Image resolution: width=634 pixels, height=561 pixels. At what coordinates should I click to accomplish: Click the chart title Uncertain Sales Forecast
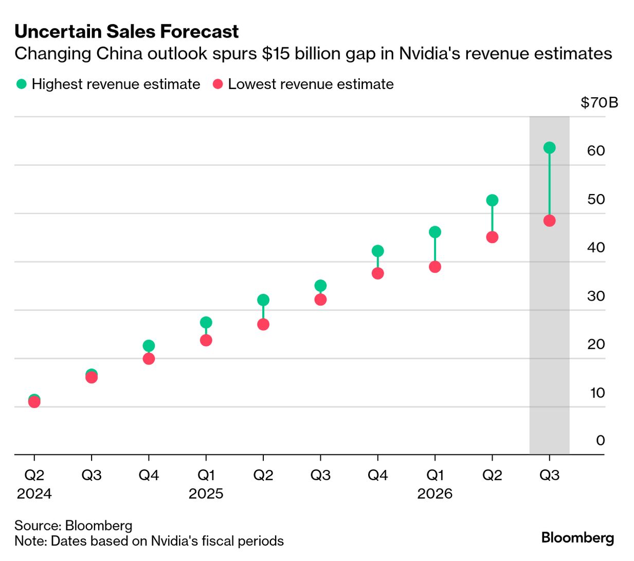coord(126,31)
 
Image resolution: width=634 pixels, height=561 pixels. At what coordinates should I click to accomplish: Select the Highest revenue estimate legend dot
coord(21,84)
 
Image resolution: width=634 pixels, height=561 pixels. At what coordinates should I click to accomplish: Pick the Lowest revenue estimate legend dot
coord(218,84)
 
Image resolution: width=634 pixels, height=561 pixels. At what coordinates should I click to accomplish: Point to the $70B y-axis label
coord(599,102)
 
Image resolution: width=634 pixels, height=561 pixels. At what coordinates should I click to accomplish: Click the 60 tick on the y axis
coord(596,150)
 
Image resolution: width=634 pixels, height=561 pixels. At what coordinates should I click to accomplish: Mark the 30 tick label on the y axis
coord(596,296)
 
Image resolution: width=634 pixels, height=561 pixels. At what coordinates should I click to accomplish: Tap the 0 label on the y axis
coord(600,441)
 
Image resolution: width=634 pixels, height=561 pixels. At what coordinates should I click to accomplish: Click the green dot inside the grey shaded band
coord(549,148)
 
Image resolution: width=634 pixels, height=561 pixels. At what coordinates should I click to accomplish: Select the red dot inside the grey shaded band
coord(549,221)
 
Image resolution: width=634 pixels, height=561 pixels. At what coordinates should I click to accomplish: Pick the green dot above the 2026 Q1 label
coord(435,232)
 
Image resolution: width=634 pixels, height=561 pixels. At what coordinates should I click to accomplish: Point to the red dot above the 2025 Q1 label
coord(206,340)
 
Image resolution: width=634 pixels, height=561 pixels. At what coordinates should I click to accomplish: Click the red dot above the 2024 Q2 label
coord(34,402)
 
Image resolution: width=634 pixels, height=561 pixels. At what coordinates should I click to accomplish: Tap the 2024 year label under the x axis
coord(34,494)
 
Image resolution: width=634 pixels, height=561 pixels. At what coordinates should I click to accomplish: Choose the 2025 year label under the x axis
coord(206,494)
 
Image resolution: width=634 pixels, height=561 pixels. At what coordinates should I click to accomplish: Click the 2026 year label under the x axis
coord(435,494)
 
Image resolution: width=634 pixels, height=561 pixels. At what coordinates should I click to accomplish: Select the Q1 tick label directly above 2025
coord(206,475)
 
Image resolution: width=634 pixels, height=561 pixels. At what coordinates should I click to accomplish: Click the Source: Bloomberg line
coord(73,525)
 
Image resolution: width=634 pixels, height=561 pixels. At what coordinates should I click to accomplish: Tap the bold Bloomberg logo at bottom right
coord(577,538)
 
